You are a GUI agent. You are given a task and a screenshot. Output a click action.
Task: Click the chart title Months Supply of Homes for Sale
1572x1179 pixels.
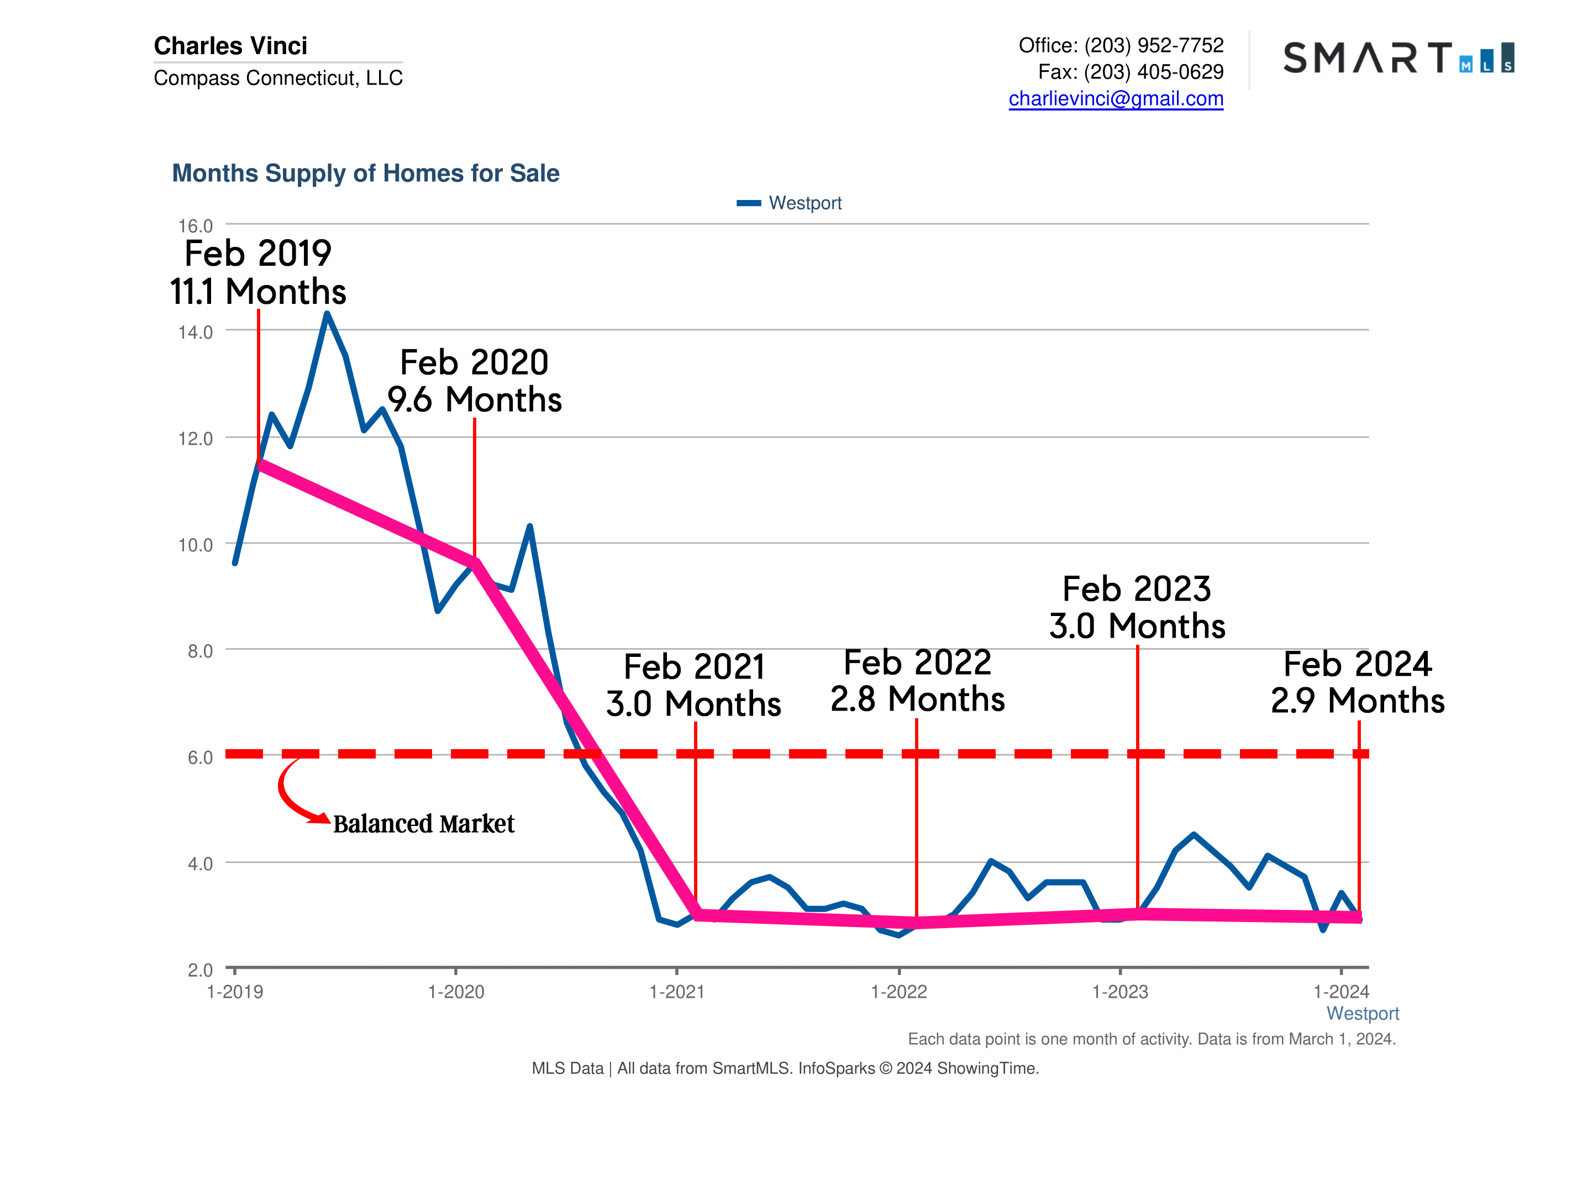coord(365,173)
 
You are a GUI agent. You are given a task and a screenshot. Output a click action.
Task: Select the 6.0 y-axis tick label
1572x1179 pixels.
coord(199,757)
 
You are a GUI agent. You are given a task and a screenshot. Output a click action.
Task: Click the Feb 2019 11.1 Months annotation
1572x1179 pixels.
coord(258,272)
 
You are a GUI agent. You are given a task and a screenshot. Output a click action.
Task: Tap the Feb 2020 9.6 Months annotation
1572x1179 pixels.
coord(474,381)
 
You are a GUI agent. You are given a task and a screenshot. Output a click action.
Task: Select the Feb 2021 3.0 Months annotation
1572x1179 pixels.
coord(693,685)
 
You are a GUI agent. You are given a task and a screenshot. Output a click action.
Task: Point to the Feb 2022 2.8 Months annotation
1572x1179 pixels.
coord(917,681)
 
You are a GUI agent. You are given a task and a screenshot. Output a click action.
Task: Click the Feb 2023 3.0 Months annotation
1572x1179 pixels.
coord(1137,607)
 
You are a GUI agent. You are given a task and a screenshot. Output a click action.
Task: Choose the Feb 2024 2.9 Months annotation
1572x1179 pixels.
coord(1358,682)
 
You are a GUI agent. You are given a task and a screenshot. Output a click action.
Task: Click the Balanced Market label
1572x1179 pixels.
coord(424,824)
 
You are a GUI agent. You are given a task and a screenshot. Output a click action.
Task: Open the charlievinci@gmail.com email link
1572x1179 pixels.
coord(1116,99)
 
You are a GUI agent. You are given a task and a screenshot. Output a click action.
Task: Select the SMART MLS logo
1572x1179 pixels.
coord(1398,57)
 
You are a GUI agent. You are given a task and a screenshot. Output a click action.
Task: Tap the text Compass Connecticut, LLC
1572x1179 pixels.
coord(278,77)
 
